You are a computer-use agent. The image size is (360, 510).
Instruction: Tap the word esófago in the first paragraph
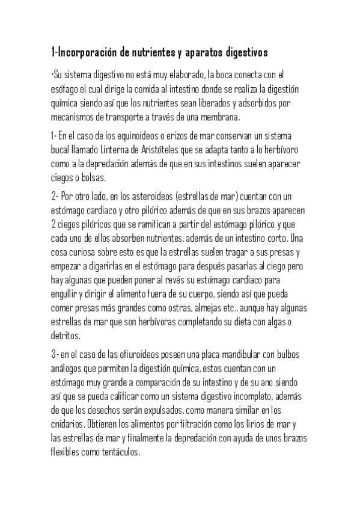[x=65, y=89]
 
